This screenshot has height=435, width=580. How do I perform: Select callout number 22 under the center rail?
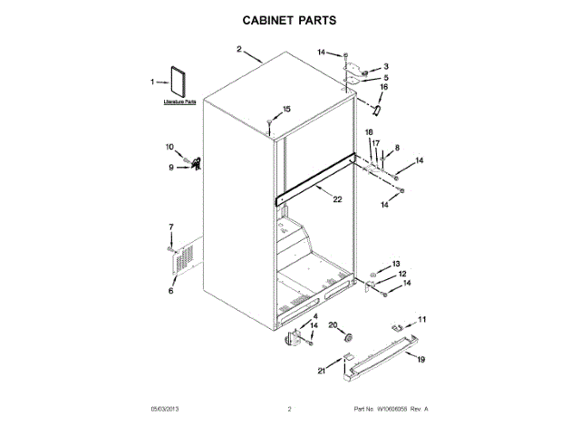pos(337,199)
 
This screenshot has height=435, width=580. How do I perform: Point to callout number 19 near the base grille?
pos(420,360)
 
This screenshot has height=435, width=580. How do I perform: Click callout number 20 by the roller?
pos(332,324)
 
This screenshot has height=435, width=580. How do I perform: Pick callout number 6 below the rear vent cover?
pos(170,291)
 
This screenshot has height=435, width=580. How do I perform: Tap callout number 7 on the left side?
pos(170,226)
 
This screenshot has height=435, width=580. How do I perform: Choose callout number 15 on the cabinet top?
pos(286,110)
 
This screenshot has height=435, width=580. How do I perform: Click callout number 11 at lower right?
pos(420,319)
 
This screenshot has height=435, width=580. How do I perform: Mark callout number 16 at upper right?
pos(395,87)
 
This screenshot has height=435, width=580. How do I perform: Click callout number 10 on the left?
pos(169,147)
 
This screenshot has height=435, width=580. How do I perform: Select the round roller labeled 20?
pos(345,338)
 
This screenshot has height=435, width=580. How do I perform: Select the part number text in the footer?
pos(390,410)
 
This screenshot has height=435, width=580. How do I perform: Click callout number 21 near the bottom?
pos(321,371)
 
